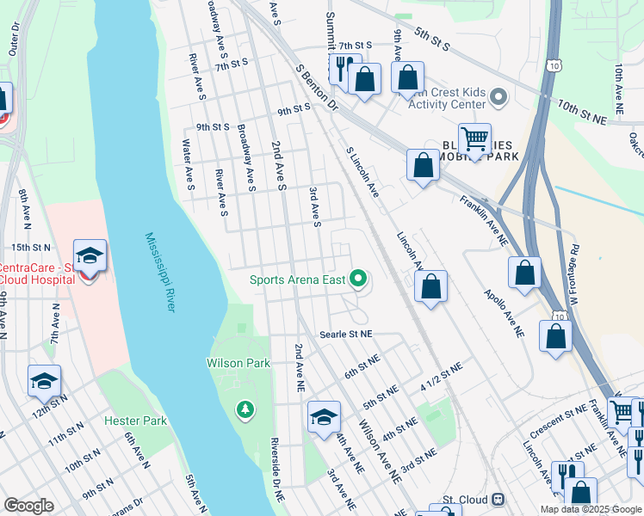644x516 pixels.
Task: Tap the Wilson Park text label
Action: (x=238, y=363)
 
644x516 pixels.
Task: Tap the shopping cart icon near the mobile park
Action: (x=474, y=138)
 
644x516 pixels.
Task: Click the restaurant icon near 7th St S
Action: (x=342, y=67)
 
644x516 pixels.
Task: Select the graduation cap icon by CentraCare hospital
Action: (x=90, y=256)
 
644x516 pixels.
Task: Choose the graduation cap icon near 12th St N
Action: (x=45, y=380)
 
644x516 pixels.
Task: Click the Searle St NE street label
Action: (x=345, y=334)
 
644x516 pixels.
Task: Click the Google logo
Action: (x=28, y=506)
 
